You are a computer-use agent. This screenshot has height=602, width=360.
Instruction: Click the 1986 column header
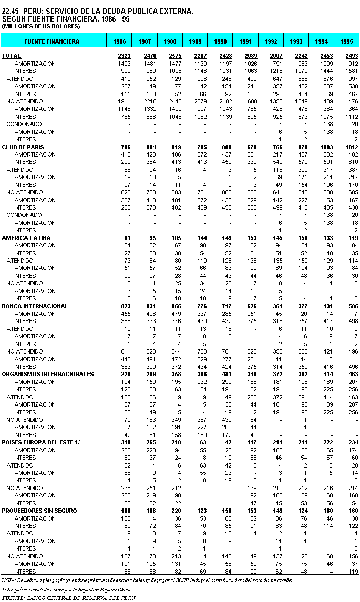coord(119,41)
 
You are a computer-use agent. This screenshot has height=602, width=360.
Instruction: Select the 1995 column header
coord(346,41)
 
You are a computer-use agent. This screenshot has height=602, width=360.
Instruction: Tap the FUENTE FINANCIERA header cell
coord(53,41)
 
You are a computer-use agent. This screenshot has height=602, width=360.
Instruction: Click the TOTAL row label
coord(12,56)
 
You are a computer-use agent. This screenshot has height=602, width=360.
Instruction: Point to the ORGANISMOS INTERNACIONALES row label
coord(40,374)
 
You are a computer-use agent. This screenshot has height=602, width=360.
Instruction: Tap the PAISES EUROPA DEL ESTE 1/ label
coord(40,442)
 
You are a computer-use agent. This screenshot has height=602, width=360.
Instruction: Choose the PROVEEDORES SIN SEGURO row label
coord(39,511)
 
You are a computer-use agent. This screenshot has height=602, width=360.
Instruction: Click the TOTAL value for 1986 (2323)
coord(124,56)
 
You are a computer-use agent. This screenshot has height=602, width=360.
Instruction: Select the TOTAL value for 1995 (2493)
coord(352,56)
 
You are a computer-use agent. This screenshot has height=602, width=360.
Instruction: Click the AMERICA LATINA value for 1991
coord(251,238)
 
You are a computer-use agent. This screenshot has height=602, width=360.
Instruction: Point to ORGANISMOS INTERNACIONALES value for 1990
coord(225,374)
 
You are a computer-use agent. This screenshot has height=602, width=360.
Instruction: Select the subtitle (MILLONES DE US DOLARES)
coord(41,26)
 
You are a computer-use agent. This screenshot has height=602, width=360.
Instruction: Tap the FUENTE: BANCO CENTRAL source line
coord(68,597)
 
